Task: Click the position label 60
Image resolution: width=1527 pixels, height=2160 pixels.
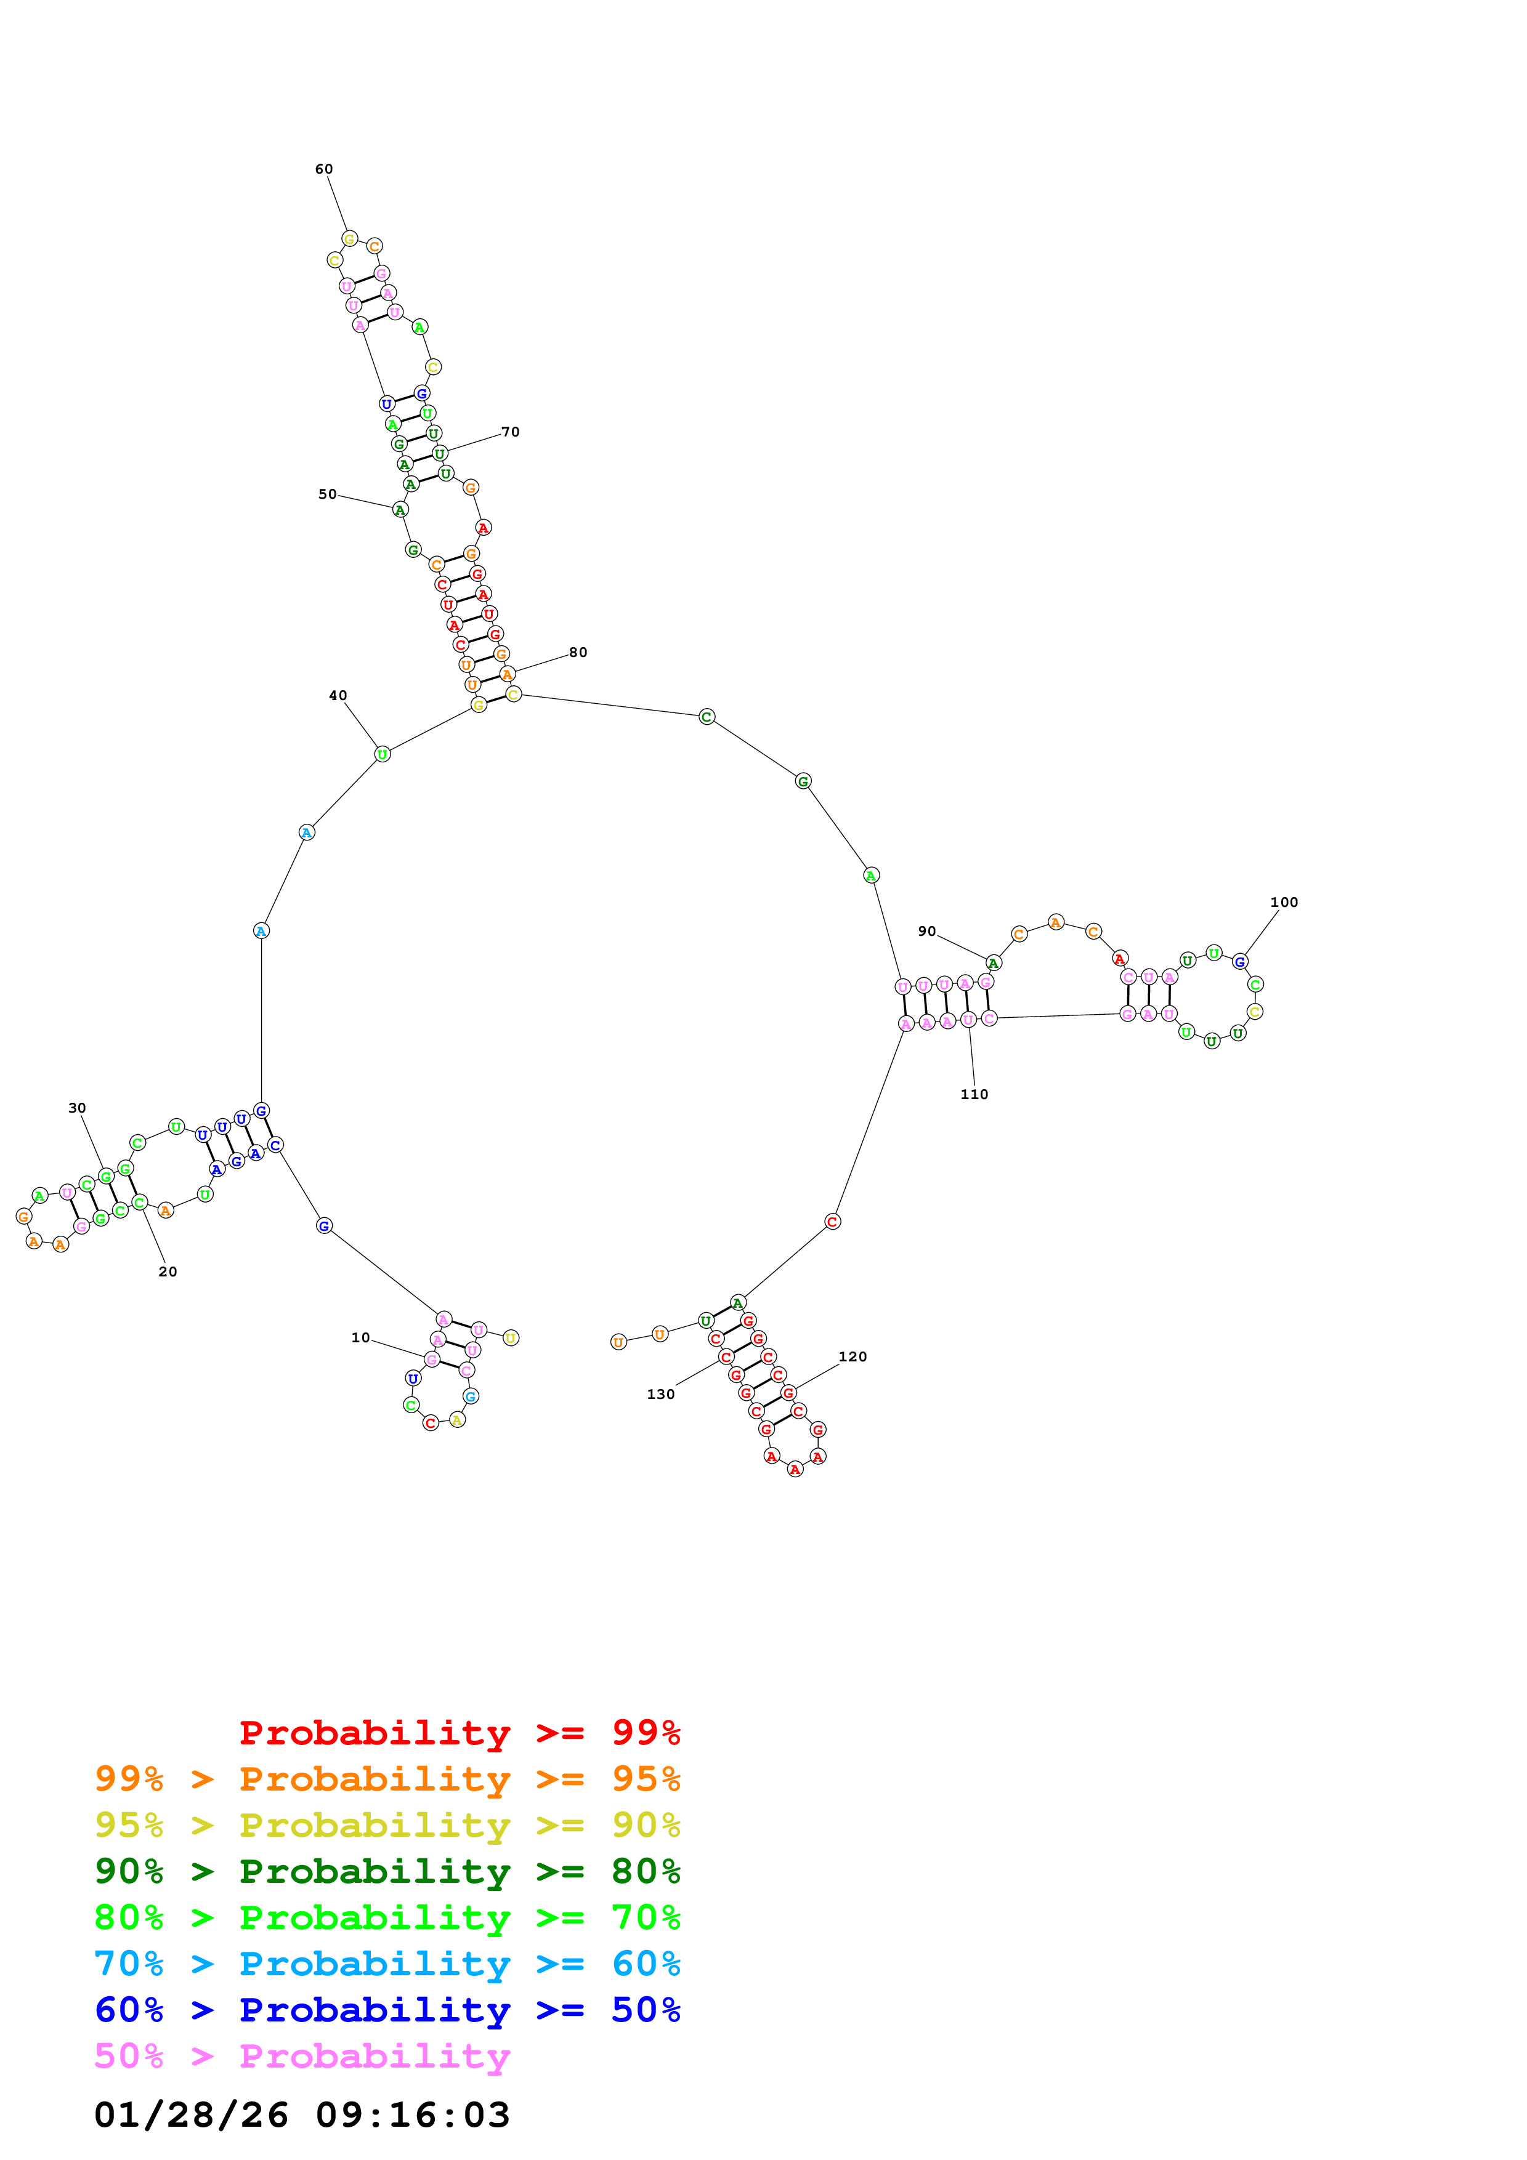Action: click(x=323, y=169)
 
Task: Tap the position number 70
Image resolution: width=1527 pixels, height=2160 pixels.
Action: click(x=510, y=432)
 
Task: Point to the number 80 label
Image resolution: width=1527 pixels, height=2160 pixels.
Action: click(x=578, y=652)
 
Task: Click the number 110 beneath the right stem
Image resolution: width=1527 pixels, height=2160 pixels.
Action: click(x=974, y=1094)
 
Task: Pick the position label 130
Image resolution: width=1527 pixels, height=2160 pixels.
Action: click(x=660, y=1394)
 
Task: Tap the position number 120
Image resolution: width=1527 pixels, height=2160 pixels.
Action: click(x=853, y=1356)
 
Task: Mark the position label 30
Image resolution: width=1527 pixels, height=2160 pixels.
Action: click(x=77, y=1108)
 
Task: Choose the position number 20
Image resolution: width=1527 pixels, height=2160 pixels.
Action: click(x=168, y=1272)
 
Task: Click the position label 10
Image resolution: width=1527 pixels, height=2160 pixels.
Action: click(x=360, y=1338)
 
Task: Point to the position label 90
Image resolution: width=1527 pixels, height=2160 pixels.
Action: click(x=927, y=932)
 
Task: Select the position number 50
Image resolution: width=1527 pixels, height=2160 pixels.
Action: click(x=328, y=494)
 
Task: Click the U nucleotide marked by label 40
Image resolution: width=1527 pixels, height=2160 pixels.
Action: click(x=382, y=754)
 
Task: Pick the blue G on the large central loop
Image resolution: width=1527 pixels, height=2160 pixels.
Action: click(x=323, y=1226)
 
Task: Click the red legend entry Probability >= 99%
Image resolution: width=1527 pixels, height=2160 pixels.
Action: click(x=459, y=1733)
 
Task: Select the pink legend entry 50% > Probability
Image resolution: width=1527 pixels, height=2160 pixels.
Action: click(x=302, y=2057)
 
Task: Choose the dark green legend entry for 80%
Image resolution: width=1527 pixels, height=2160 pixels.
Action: click(x=387, y=1871)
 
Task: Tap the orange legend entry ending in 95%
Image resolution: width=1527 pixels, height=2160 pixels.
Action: click(x=387, y=1779)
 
